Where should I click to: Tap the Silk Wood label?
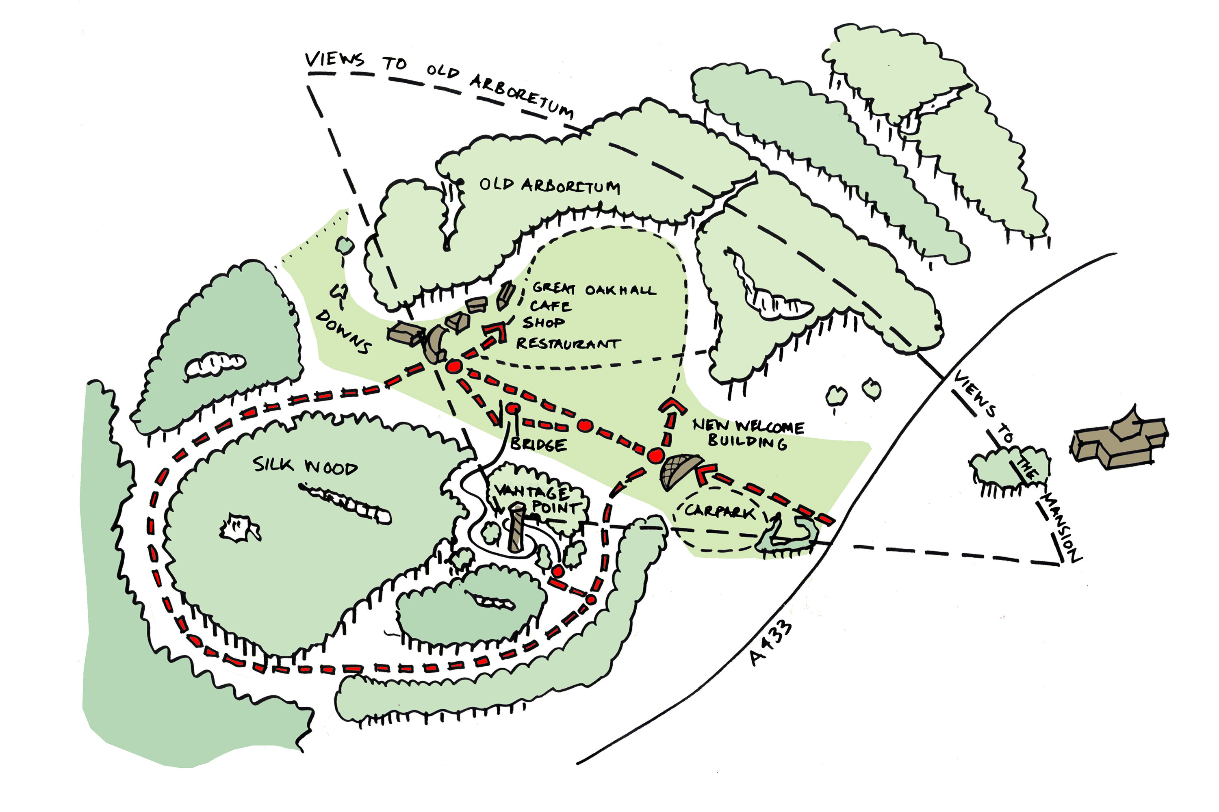(x=305, y=466)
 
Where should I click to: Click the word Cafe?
(x=551, y=306)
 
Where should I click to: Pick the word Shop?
(x=543, y=323)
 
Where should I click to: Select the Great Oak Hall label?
(x=594, y=289)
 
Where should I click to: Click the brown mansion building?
(x=1119, y=440)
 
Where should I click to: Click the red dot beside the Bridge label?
(x=512, y=409)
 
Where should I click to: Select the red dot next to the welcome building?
(x=655, y=456)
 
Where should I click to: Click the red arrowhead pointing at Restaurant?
(x=497, y=332)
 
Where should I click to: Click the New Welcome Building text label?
(x=748, y=433)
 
